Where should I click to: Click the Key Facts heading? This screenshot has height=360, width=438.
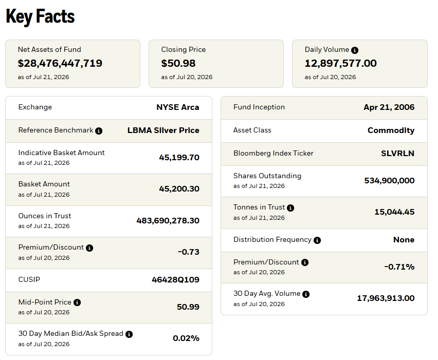pos(40,16)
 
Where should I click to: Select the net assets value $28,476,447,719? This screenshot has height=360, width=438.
pos(60,63)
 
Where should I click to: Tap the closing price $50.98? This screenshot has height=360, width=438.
pos(178,63)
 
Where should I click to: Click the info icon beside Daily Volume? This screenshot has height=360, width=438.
pos(355,50)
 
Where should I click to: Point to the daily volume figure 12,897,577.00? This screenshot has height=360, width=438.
pos(340,63)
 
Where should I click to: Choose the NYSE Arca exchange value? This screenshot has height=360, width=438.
pos(178,107)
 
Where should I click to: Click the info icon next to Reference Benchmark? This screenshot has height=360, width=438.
pos(99,130)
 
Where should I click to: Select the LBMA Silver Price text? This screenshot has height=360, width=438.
pos(163,130)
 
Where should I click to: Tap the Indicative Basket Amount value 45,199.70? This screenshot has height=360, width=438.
pos(179,157)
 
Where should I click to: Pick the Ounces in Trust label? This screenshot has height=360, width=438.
pos(45,216)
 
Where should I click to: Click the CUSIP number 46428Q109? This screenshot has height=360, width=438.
pos(175,279)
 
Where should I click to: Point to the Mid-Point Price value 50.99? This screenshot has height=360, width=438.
pos(188,307)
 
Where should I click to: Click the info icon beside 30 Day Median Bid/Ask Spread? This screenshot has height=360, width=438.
pos(129,334)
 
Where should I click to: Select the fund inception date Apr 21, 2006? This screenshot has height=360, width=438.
pos(389,107)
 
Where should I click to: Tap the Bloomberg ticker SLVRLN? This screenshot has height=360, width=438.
pos(397,153)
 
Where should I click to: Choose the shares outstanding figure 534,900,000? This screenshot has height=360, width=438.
pos(389,181)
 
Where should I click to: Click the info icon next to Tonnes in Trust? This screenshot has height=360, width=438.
pos(290,208)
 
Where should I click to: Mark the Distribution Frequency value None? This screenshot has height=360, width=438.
pos(404,240)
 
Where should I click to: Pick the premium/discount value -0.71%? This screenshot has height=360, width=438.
pos(399,267)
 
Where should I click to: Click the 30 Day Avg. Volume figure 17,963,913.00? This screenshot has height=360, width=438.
pos(386,298)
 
